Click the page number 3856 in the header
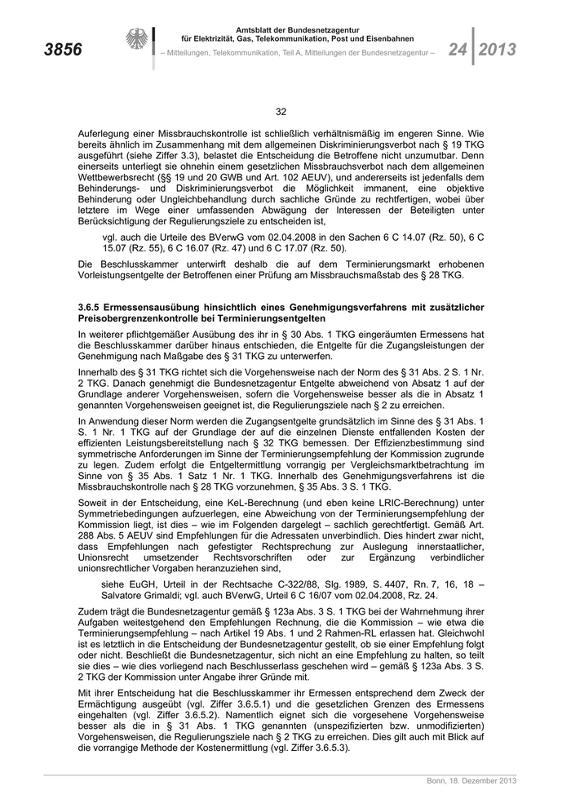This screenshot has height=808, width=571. [61, 50]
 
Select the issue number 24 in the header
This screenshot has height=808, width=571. [458, 49]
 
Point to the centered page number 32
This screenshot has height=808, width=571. [281, 112]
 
